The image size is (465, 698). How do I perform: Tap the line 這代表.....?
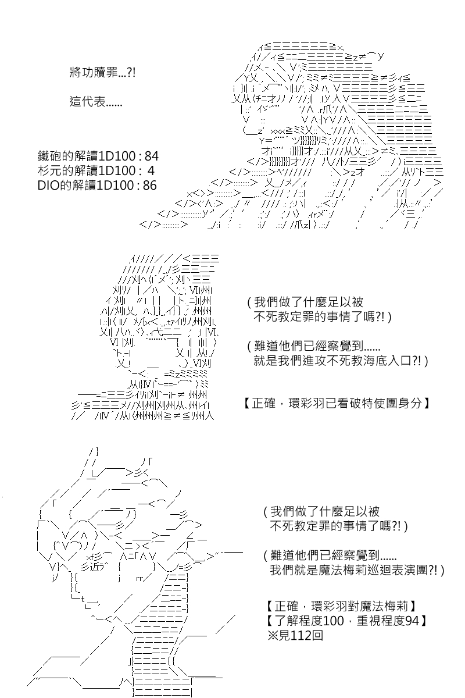95,101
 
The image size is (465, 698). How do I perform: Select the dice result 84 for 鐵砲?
151,156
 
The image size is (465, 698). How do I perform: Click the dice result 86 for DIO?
149,186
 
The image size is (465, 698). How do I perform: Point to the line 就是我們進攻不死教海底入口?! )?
341,361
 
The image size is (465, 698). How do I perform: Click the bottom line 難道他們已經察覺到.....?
330,555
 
